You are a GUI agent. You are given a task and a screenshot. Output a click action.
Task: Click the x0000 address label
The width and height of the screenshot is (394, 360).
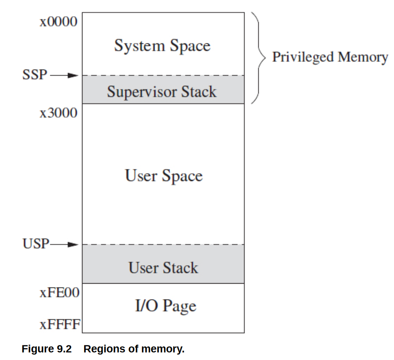point(58,21)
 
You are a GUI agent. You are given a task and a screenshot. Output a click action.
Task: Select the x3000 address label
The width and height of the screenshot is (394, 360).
point(58,113)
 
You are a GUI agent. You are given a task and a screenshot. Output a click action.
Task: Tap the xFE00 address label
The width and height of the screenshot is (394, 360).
point(60,293)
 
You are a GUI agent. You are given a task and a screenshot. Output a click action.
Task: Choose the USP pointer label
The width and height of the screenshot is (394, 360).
point(36,245)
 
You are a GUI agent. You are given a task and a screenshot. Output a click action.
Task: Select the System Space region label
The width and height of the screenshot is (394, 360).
point(162,45)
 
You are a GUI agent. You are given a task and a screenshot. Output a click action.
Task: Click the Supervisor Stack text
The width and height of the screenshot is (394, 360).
point(162,91)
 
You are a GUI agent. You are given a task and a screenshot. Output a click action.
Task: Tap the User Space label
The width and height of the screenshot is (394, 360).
point(164,176)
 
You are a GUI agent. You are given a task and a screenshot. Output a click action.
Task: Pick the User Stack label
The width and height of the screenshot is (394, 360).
point(163,268)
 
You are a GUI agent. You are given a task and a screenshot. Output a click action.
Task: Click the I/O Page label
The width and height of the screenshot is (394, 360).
point(166,306)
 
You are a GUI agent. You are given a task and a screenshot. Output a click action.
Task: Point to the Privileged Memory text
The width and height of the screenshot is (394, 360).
point(330,57)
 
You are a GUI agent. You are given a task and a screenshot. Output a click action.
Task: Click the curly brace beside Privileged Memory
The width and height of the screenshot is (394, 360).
point(257,57)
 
